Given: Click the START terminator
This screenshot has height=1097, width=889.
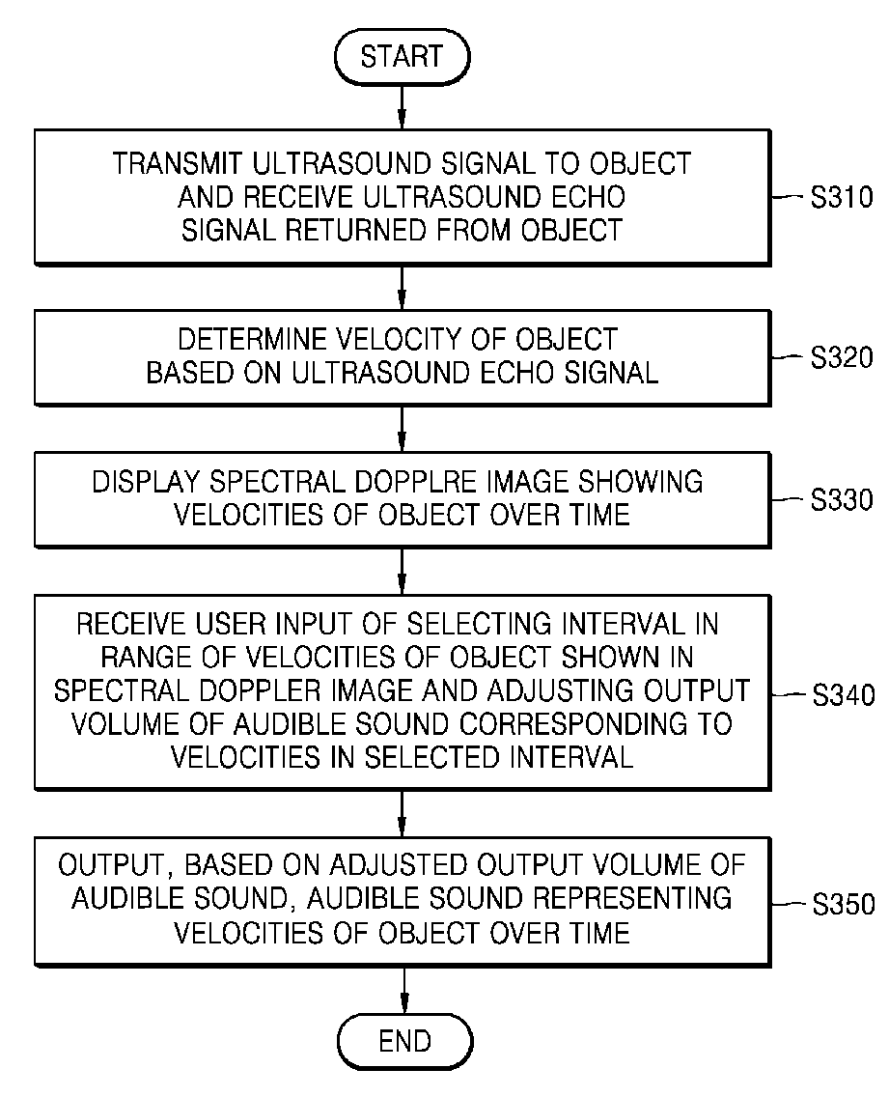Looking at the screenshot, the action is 403,57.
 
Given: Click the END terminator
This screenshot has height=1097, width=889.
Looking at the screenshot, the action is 405,1041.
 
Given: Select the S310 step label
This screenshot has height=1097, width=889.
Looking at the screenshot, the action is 842,197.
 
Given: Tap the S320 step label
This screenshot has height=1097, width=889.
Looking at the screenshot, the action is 842,357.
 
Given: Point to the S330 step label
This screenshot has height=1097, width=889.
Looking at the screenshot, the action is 842,499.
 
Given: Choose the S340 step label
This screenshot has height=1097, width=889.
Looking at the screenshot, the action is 843,694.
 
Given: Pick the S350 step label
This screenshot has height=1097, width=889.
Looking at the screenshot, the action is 843,904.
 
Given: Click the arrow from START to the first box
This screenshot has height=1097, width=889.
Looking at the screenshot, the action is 402,107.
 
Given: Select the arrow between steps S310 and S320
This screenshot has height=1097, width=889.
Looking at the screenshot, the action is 402,288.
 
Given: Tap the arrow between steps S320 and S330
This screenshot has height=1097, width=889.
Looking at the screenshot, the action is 402,429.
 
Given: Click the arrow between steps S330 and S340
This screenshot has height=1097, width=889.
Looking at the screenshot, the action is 402,571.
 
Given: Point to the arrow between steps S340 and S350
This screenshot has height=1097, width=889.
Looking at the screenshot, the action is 402,814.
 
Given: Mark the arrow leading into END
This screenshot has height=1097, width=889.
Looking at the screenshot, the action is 404,991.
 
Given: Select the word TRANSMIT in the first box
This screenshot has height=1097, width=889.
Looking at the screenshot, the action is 178,163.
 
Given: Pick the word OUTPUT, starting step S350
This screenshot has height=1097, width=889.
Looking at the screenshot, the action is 116,866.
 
